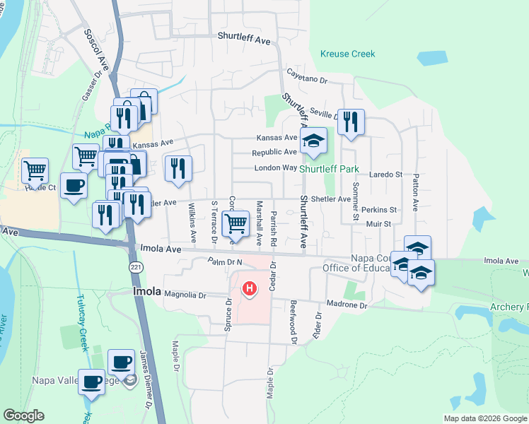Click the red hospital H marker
[x=249, y=288]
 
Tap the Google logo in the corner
[x=23, y=416]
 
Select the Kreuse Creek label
[x=347, y=54]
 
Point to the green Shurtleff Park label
[x=329, y=170]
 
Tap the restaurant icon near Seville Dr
[x=351, y=122]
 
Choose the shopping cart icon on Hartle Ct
[x=35, y=170]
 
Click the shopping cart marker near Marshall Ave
[x=236, y=223]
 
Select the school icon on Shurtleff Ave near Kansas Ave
[x=313, y=140]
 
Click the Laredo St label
[x=385, y=174]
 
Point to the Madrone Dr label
[x=347, y=306]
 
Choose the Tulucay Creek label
[x=82, y=322]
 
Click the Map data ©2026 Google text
[x=484, y=418]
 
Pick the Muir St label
[x=379, y=224]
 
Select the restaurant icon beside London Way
[x=178, y=169]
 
